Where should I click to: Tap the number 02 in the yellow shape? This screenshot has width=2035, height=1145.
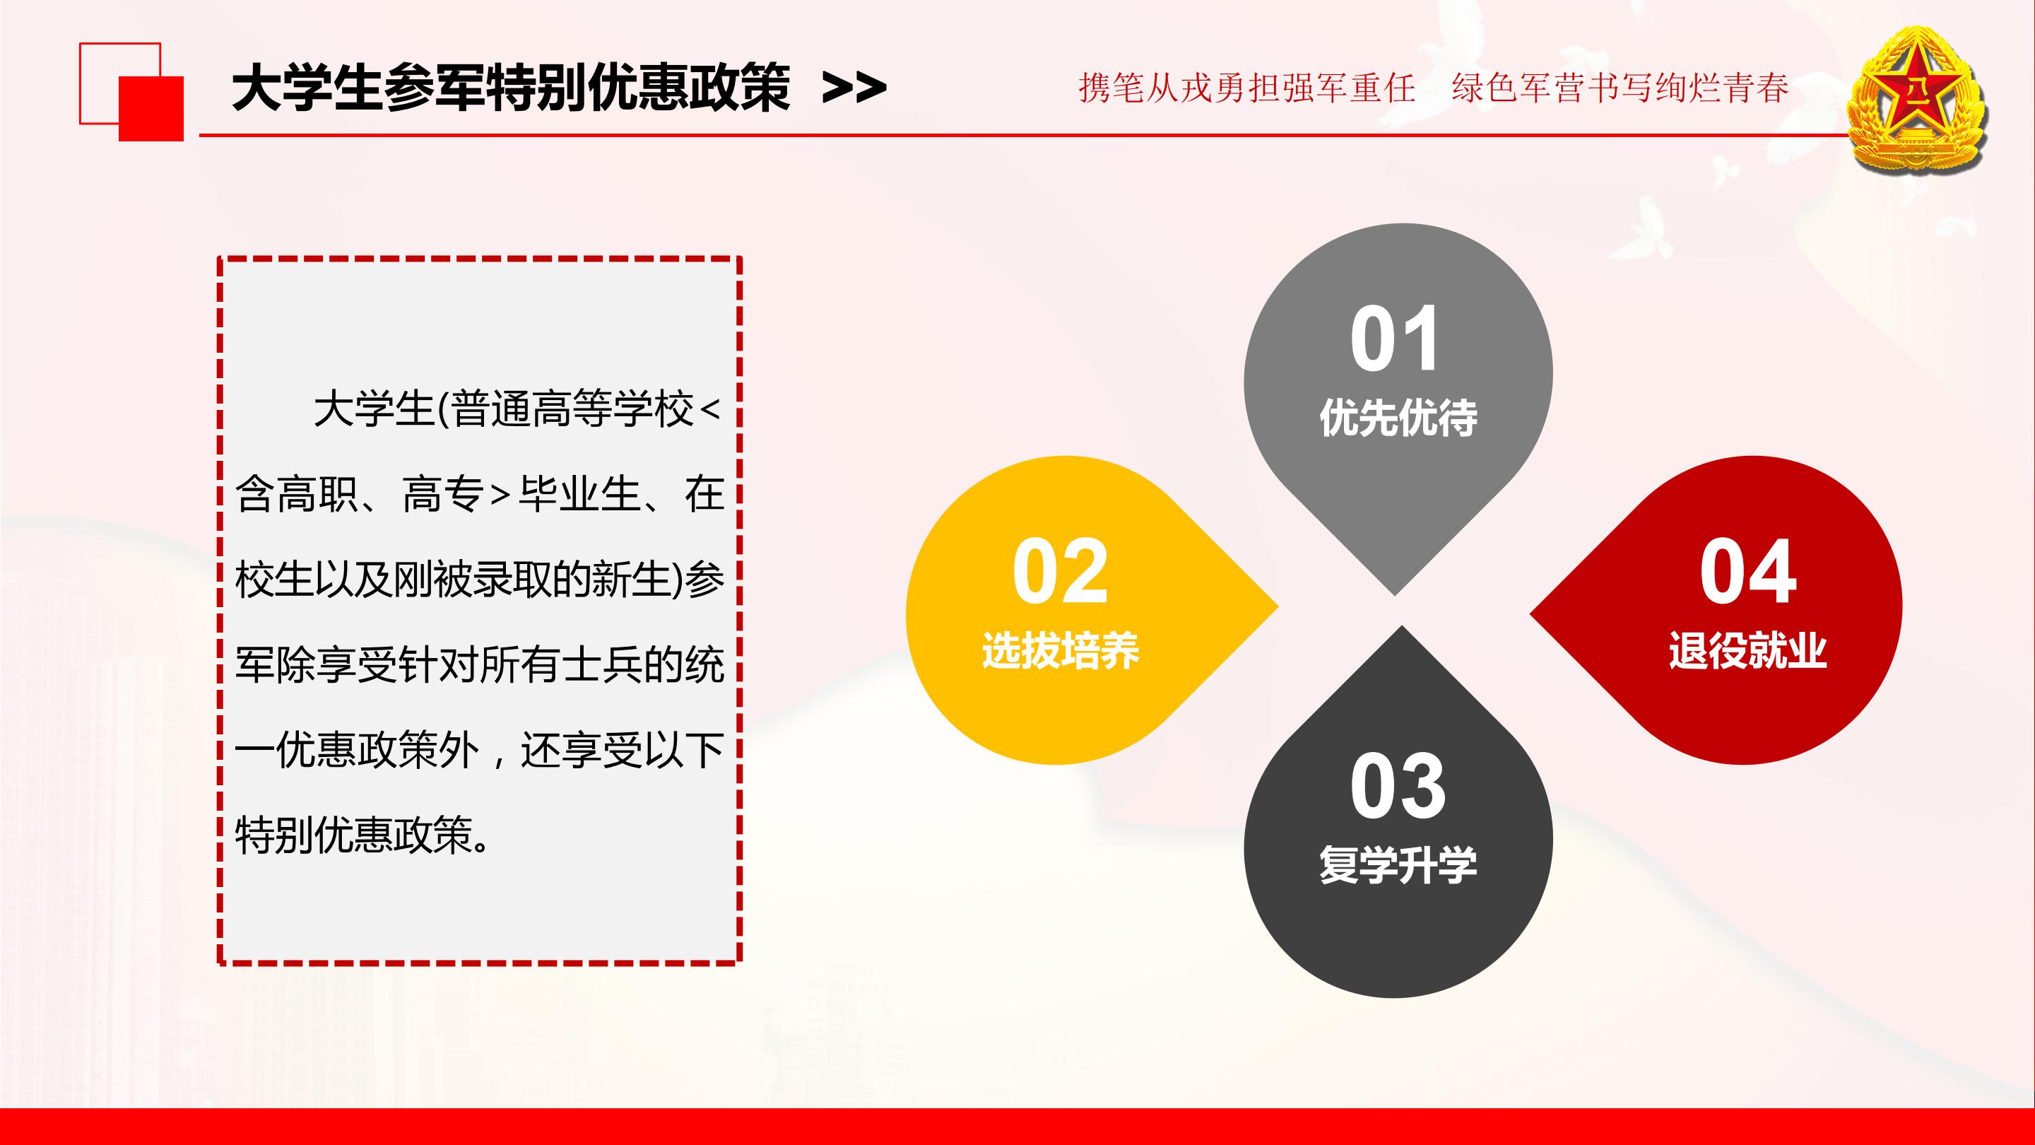(x=1060, y=571)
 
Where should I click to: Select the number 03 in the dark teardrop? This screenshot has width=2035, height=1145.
(x=1398, y=787)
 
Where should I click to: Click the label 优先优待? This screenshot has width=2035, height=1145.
(x=1398, y=418)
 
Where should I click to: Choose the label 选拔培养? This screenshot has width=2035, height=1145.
(x=1060, y=651)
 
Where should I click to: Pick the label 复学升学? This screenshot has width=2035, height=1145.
(x=1398, y=865)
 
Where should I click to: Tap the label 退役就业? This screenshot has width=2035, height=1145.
(x=1747, y=651)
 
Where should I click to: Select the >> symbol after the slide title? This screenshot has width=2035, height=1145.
(x=853, y=88)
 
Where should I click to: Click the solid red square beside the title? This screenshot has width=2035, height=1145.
(x=151, y=109)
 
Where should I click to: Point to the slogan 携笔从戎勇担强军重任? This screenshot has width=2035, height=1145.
(x=1246, y=88)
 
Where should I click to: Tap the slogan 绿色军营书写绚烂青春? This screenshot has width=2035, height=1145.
(x=1620, y=88)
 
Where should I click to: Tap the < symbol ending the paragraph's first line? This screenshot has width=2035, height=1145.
(x=710, y=410)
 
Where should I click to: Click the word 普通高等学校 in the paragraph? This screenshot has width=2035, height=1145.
(x=573, y=410)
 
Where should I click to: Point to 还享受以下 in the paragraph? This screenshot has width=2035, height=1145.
(x=622, y=749)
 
